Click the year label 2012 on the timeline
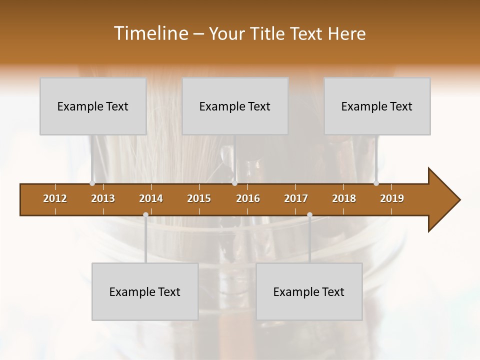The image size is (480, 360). tap(55, 198)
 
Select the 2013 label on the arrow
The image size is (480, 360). tap(103, 198)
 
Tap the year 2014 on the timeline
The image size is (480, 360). tap(151, 198)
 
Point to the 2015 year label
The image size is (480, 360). tap(199, 198)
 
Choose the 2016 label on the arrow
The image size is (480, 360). tap(248, 198)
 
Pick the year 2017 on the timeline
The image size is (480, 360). tap(296, 198)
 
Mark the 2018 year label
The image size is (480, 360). tap(344, 198)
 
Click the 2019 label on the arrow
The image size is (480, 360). tap(392, 198)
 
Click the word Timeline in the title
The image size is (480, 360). tap(149, 33)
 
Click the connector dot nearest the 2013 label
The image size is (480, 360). tap(92, 183)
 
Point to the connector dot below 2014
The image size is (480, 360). tap(145, 215)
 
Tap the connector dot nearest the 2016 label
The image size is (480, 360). tap(234, 183)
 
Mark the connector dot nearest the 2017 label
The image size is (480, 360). tap(309, 215)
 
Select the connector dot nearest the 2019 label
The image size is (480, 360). tap(376, 183)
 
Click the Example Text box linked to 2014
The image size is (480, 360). tap(145, 291)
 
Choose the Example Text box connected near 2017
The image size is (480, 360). tap(309, 291)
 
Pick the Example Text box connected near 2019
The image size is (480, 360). tap(377, 106)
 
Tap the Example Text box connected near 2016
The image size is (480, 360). tap(235, 106)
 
